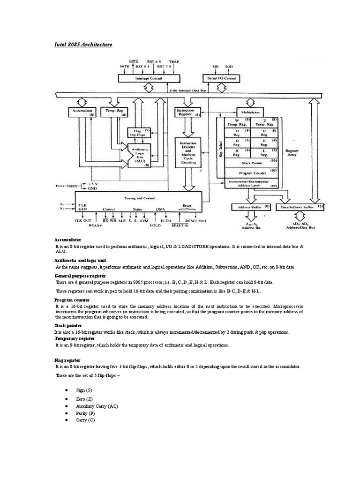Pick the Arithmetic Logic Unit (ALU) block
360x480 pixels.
click(140, 154)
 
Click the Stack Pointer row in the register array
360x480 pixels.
click(252, 163)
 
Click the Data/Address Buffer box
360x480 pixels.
click(300, 207)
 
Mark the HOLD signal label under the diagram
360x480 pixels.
click(155, 225)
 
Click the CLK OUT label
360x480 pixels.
click(83, 220)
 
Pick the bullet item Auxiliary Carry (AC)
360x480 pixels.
click(97, 406)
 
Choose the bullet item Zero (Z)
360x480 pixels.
click(84, 398)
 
